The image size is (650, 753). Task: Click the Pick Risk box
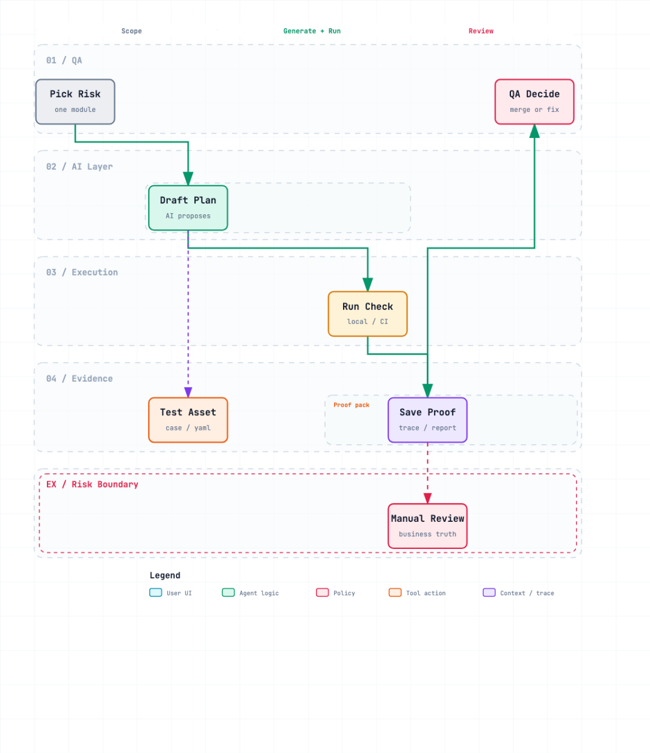pyautogui.click(x=75, y=102)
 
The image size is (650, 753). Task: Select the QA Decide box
pyautogui.click(x=534, y=102)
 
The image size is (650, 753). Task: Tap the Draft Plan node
pyautogui.click(x=188, y=208)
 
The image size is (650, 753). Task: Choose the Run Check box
pyautogui.click(x=368, y=314)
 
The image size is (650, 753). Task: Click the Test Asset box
pyautogui.click(x=188, y=420)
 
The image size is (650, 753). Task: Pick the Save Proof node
pyautogui.click(x=427, y=420)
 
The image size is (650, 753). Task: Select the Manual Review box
pyautogui.click(x=427, y=525)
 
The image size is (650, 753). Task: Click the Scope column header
pyautogui.click(x=132, y=31)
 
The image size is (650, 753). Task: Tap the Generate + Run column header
pyautogui.click(x=312, y=31)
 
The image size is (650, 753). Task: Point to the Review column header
pyautogui.click(x=481, y=31)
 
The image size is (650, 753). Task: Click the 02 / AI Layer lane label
pyautogui.click(x=79, y=167)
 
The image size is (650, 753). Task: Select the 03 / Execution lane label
pyautogui.click(x=82, y=272)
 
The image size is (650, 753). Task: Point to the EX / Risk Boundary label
pyautogui.click(x=92, y=484)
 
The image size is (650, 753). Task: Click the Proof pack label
pyautogui.click(x=351, y=404)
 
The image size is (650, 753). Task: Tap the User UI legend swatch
pyautogui.click(x=155, y=592)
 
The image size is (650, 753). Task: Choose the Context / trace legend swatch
pyautogui.click(x=489, y=592)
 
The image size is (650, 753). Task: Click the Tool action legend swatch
pyautogui.click(x=395, y=592)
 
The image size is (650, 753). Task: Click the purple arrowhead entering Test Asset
pyautogui.click(x=188, y=392)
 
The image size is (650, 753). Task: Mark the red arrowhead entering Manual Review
pyautogui.click(x=427, y=498)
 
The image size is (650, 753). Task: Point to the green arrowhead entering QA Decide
pyautogui.click(x=534, y=131)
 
